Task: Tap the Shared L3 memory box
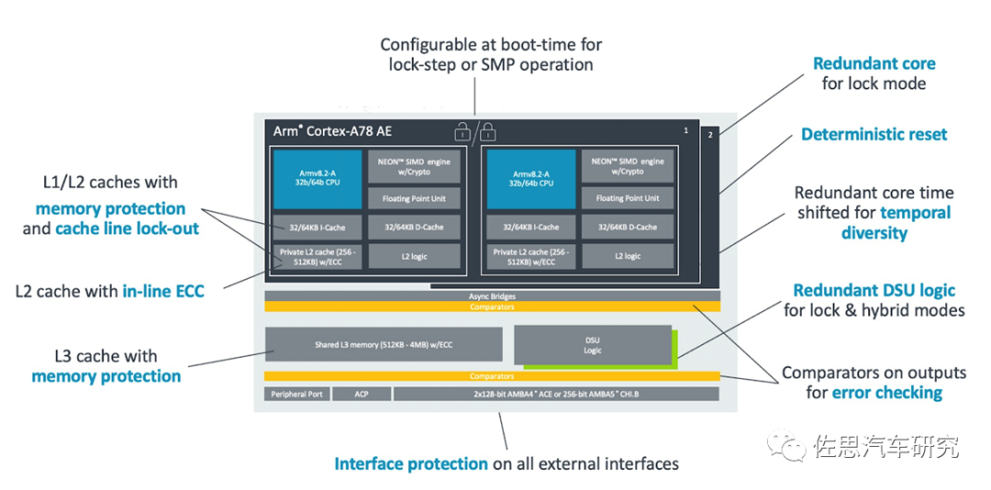384,344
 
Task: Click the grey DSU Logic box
592,344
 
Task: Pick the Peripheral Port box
296,394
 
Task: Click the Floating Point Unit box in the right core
628,198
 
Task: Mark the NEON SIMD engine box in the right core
628,166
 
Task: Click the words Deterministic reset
874,134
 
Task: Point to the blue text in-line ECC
163,292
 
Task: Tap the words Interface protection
410,463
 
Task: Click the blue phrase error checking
887,393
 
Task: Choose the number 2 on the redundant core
709,135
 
